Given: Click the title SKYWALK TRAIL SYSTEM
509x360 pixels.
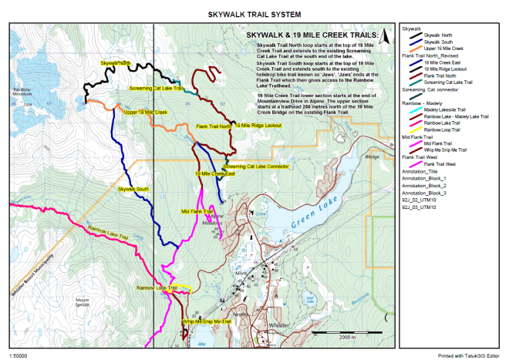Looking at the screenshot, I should [x=254, y=14].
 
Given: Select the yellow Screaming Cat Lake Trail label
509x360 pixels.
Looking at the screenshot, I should [x=157, y=89].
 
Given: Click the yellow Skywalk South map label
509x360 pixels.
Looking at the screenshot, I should [x=133, y=189].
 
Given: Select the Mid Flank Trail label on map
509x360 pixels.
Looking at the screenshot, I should [x=197, y=211].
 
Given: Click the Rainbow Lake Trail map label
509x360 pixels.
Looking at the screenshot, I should [x=107, y=228].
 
